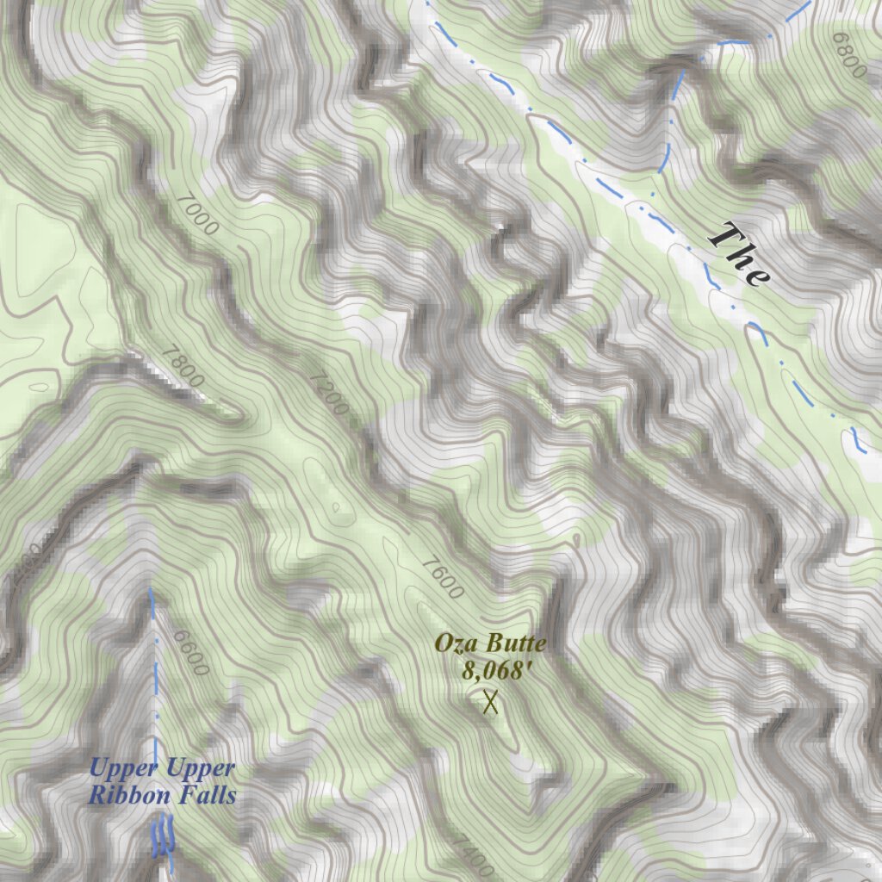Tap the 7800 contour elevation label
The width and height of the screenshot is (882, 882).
click(183, 365)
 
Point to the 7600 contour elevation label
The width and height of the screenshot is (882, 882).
click(443, 577)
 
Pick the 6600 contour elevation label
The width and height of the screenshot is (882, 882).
click(190, 653)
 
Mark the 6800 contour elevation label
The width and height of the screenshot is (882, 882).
click(848, 56)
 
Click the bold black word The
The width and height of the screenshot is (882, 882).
click(738, 253)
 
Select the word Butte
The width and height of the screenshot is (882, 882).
click(515, 643)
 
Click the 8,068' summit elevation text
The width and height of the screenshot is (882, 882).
click(491, 670)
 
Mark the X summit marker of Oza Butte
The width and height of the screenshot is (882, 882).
click(491, 702)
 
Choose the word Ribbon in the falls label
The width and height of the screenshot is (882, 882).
click(129, 796)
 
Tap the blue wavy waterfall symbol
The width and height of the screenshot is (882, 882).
click(163, 836)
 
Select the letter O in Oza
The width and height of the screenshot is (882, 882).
click(443, 643)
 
